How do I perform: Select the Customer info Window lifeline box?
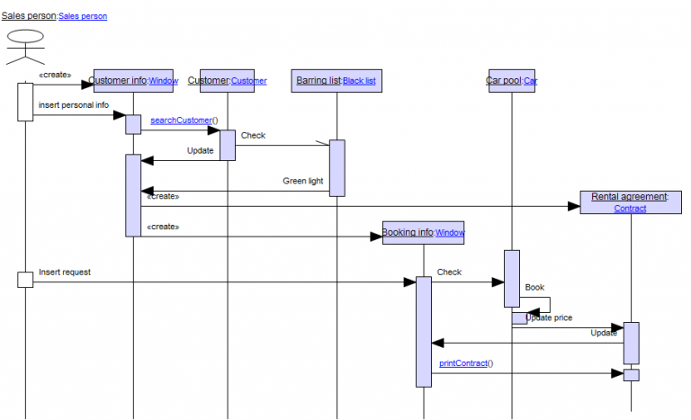134,81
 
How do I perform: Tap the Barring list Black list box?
337,81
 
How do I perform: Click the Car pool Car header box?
511,81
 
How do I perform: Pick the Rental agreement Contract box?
630,202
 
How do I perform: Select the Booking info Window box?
423,232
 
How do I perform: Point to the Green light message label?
302,181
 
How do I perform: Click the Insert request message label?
64,272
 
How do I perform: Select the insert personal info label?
73,104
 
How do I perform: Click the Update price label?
549,317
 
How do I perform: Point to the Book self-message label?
534,288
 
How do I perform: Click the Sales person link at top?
83,16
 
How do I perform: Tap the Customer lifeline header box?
228,81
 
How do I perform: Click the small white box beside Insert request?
25,281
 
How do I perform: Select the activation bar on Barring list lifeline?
337,166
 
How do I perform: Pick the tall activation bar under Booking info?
423,331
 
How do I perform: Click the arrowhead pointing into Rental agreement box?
574,206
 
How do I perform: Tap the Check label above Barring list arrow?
253,136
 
